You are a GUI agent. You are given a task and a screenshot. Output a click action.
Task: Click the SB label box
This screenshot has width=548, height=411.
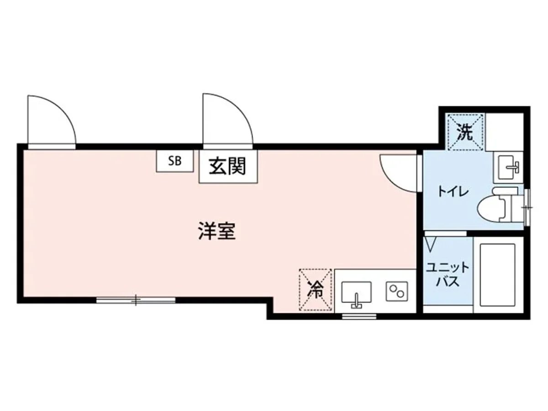(x=174, y=161)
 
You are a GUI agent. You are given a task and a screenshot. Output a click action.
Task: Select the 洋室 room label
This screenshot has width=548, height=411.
(x=216, y=232)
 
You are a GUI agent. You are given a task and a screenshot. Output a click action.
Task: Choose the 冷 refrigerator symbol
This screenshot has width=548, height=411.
(x=315, y=289)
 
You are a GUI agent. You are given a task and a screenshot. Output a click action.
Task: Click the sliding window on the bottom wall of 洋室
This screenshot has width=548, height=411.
(x=136, y=300)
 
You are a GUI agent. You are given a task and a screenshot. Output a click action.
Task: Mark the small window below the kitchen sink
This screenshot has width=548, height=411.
(x=359, y=316)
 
